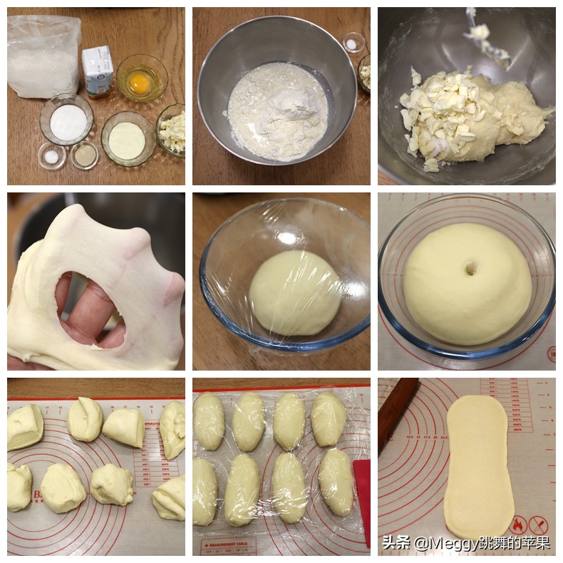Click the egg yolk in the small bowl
coord(140,83)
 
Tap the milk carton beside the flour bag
coord(97,71)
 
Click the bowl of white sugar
coord(66,121)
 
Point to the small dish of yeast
coord(85,155)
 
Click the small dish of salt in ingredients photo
coord(51,155)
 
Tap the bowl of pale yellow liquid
coord(127,140)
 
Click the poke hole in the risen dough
coord(471,269)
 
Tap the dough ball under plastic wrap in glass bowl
coord(294,292)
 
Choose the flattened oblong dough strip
coord(478,463)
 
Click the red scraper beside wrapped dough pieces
coord(362,499)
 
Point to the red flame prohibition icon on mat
coord(519,526)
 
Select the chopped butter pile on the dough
coord(438,118)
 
